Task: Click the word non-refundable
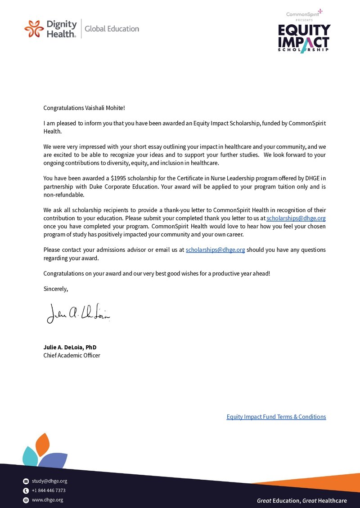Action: point(63,195)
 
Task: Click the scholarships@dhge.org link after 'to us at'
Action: point(296,218)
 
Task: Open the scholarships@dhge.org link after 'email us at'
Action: point(215,250)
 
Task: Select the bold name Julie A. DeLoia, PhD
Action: point(70,348)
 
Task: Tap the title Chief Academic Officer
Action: point(72,356)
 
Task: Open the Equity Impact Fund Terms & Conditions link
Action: point(276,417)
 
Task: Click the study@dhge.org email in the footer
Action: point(49,481)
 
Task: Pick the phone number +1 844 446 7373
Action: point(49,490)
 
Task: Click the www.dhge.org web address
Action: point(47,500)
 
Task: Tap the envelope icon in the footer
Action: point(26,481)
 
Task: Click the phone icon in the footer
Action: point(26,490)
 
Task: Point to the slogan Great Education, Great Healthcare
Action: point(301,500)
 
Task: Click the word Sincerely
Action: point(55,289)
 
